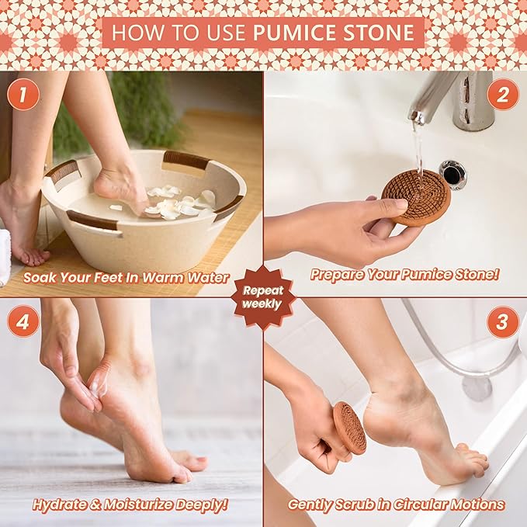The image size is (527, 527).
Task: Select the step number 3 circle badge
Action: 502,322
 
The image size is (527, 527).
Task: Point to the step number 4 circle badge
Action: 24,322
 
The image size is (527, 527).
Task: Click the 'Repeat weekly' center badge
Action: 263,296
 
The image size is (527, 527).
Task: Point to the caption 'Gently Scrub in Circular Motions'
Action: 396,504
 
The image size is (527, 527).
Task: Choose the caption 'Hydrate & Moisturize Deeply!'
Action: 130,504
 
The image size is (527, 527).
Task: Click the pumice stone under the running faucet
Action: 416,197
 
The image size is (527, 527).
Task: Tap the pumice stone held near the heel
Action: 349,427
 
